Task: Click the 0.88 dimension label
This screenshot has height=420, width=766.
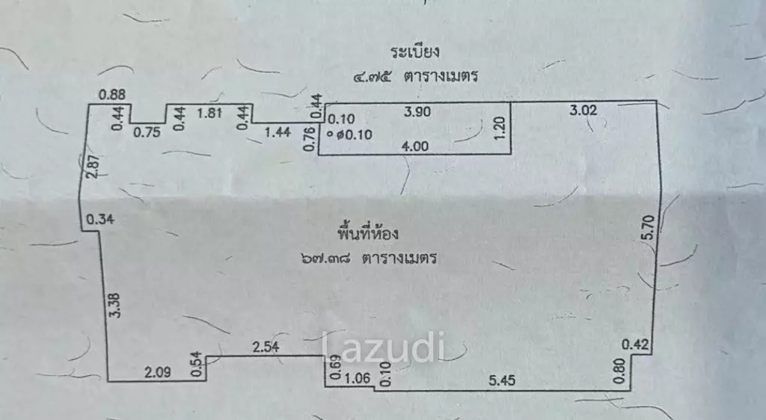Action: point(112,95)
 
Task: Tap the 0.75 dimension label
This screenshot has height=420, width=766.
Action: point(147,132)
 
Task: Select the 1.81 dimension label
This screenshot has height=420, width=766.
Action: point(209,113)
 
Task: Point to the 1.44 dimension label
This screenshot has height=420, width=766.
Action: point(278,132)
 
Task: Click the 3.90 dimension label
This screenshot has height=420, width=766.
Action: point(417,111)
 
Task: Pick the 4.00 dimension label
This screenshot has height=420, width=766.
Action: point(414,146)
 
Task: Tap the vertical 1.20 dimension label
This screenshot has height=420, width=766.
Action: point(500,128)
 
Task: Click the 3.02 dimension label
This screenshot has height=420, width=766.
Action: point(583,111)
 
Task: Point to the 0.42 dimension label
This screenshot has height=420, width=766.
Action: point(635,345)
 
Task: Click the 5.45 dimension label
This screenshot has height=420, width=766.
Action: point(502,380)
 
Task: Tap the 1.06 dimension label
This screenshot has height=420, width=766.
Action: point(358,378)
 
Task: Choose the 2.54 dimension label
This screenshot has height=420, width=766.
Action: point(266,347)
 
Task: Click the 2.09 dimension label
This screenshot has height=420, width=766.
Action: point(158,373)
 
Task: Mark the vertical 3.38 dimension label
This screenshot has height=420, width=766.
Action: point(114,306)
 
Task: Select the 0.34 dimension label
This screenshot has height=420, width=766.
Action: point(100,220)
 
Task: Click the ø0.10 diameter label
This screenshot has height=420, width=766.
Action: point(354,135)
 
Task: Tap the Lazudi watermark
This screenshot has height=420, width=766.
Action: point(383,347)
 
